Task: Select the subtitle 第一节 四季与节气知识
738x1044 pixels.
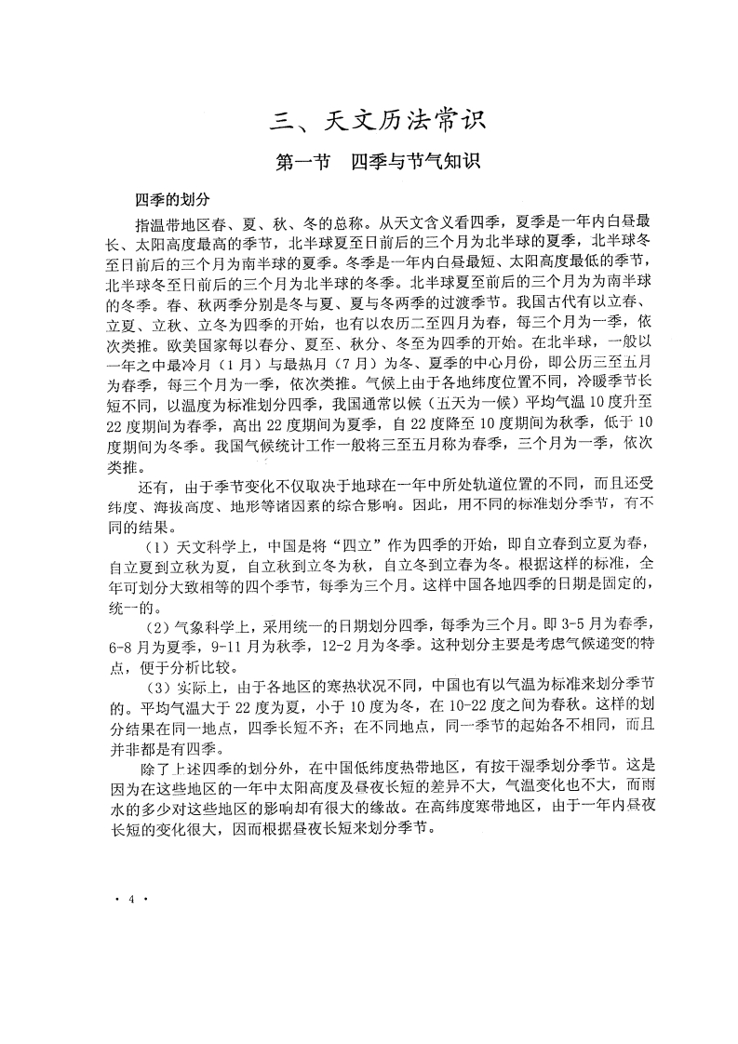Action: click(x=378, y=162)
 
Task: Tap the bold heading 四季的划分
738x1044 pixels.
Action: click(x=172, y=200)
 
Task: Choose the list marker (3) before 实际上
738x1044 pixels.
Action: click(x=155, y=688)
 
